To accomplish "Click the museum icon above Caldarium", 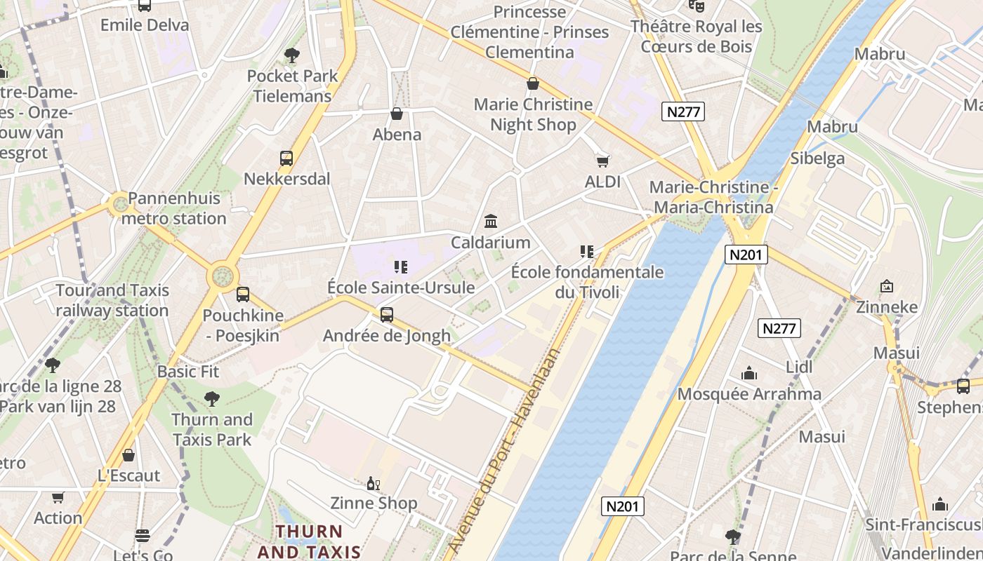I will tap(491, 222).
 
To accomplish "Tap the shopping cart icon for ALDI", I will tap(602, 161).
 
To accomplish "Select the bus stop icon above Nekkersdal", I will tap(286, 158).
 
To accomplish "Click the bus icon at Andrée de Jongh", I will tap(386, 315).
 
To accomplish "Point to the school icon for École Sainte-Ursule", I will tap(401, 266).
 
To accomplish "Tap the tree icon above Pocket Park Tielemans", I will tap(291, 55).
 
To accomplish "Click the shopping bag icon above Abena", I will tap(397, 114).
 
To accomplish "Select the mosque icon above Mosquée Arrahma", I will tap(749, 373).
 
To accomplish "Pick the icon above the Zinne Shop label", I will tap(374, 483).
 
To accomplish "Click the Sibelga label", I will tap(818, 158).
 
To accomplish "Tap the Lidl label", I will tap(799, 367).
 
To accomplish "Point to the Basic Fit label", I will tap(188, 372).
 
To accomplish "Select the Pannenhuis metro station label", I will tap(174, 208).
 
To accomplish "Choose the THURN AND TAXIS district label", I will tap(309, 541).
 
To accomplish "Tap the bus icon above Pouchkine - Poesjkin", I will tap(243, 295).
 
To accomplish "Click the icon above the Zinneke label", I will tap(887, 286).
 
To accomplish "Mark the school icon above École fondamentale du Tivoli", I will tap(587, 251).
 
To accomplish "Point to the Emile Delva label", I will tap(145, 25).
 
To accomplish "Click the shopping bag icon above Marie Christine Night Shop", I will tap(533, 84).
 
